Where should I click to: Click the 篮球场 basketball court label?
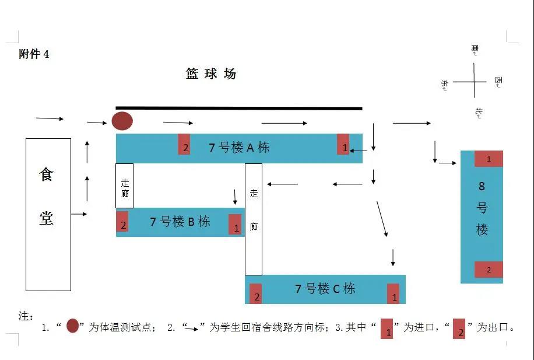coord(211,74)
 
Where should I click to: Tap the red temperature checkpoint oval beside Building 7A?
coord(122,121)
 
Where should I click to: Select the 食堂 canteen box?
coord(48,214)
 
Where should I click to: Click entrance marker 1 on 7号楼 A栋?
coord(343,145)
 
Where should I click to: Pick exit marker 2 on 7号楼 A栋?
coord(185,144)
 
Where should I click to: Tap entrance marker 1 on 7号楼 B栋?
coord(236,224)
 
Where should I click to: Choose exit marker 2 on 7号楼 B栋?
coord(122,222)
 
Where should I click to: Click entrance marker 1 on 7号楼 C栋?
coord(394,294)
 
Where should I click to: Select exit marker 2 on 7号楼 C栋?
coord(256,293)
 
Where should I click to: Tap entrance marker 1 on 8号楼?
coord(489,159)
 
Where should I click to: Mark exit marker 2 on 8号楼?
coord(489,270)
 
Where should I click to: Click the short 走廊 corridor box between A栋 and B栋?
coord(125,186)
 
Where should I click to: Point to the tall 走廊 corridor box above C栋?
coord(254,219)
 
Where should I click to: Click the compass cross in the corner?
coord(473,82)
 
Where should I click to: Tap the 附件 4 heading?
coord(34,54)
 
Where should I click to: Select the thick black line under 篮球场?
coord(239,109)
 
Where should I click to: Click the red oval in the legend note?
coord(73,326)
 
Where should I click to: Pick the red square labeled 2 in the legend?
coord(459,329)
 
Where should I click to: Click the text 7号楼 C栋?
coord(325,289)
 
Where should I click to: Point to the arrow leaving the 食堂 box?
coord(79,215)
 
